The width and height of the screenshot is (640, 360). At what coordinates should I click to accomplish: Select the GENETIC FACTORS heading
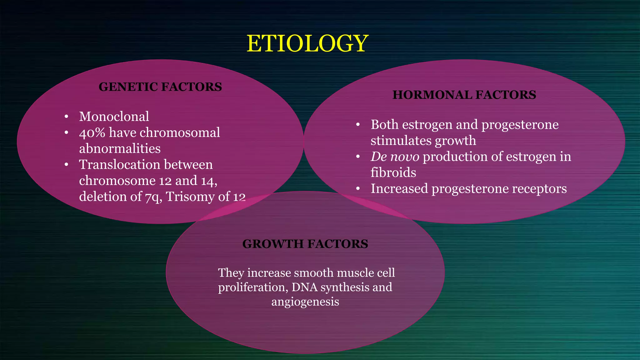pyautogui.click(x=160, y=87)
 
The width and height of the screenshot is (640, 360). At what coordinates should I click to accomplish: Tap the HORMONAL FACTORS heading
pyautogui.click(x=464, y=95)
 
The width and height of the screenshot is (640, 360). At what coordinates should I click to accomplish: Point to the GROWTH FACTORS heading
pyautogui.click(x=305, y=244)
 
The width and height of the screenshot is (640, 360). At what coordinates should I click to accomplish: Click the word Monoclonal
pyautogui.click(x=114, y=117)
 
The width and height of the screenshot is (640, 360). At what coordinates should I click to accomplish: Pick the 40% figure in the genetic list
pyautogui.click(x=92, y=133)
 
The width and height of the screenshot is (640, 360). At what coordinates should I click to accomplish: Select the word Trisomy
pyautogui.click(x=190, y=197)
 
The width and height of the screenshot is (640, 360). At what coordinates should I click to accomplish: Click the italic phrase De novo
pyautogui.click(x=395, y=157)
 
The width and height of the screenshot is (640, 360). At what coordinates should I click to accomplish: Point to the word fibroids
pyautogui.click(x=393, y=173)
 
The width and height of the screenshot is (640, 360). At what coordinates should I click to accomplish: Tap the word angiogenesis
pyautogui.click(x=305, y=302)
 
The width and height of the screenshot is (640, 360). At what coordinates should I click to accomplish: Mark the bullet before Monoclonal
pyautogui.click(x=66, y=117)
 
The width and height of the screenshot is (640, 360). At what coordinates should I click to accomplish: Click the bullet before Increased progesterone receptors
pyautogui.click(x=358, y=189)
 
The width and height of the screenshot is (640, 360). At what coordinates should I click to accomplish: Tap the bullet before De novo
pyautogui.click(x=358, y=157)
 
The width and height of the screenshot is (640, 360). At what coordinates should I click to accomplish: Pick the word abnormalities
pyautogui.click(x=120, y=149)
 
